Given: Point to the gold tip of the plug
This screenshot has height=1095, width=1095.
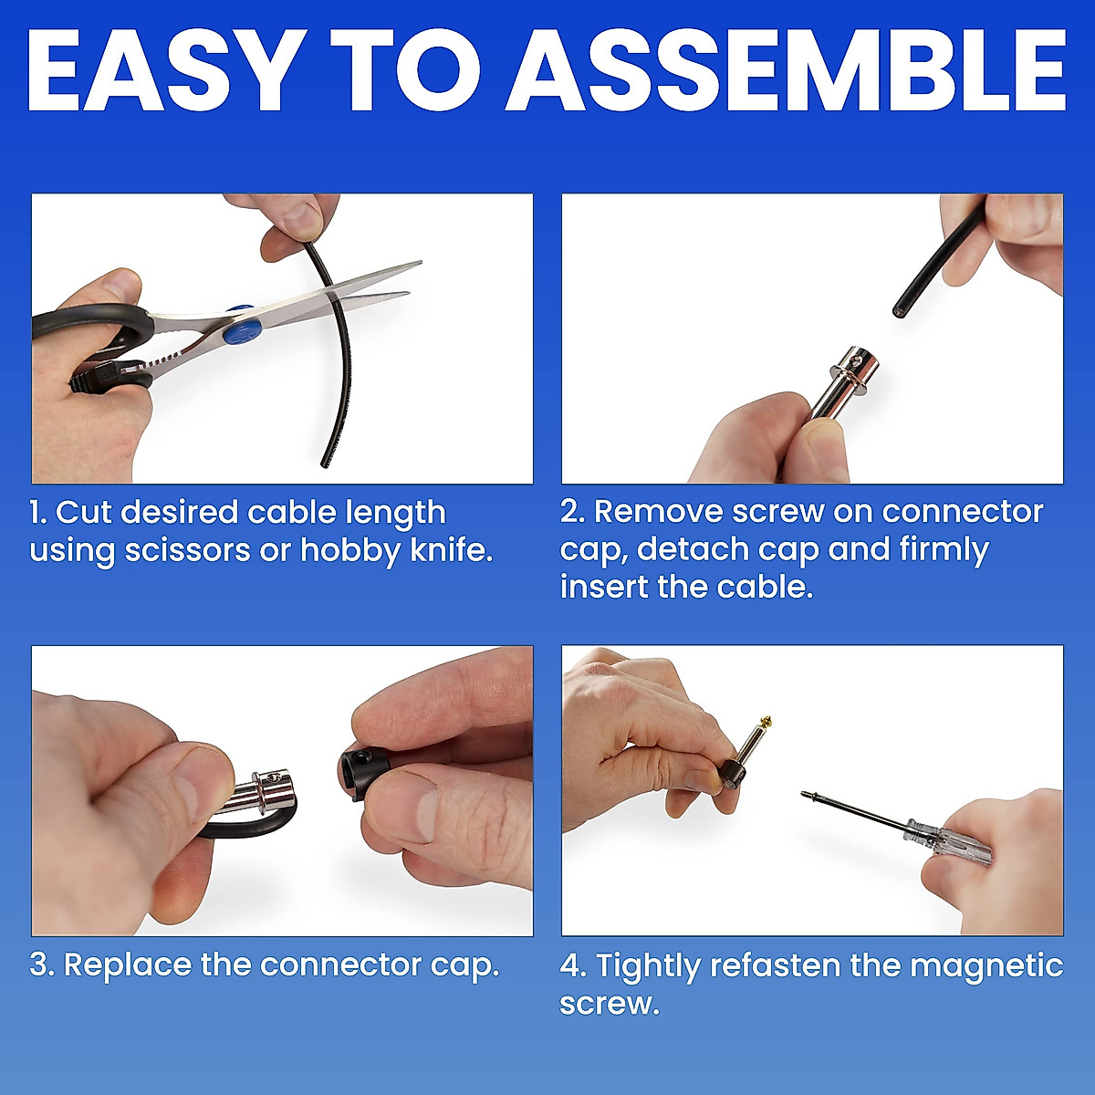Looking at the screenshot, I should [768, 725].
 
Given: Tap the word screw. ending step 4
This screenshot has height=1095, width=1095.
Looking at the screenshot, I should [609, 1004].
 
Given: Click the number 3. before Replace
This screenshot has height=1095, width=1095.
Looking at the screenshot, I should [42, 965].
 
